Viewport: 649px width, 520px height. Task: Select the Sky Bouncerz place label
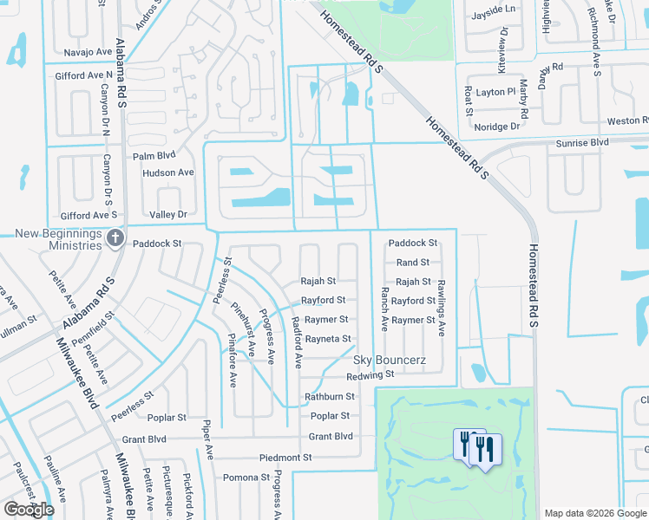tap(388, 360)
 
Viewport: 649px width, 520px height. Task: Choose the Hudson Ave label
tap(168, 172)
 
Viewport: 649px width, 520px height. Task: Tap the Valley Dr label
tap(168, 214)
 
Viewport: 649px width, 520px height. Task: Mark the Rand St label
tap(413, 263)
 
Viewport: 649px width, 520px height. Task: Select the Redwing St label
tap(370, 375)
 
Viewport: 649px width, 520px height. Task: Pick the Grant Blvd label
tap(331, 437)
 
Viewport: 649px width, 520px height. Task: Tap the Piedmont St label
tap(285, 457)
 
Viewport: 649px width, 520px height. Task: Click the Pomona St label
tap(246, 478)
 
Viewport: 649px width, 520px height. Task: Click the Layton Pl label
tap(496, 91)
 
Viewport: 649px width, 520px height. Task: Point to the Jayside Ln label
tap(492, 10)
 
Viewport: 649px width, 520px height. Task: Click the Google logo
tap(29, 510)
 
